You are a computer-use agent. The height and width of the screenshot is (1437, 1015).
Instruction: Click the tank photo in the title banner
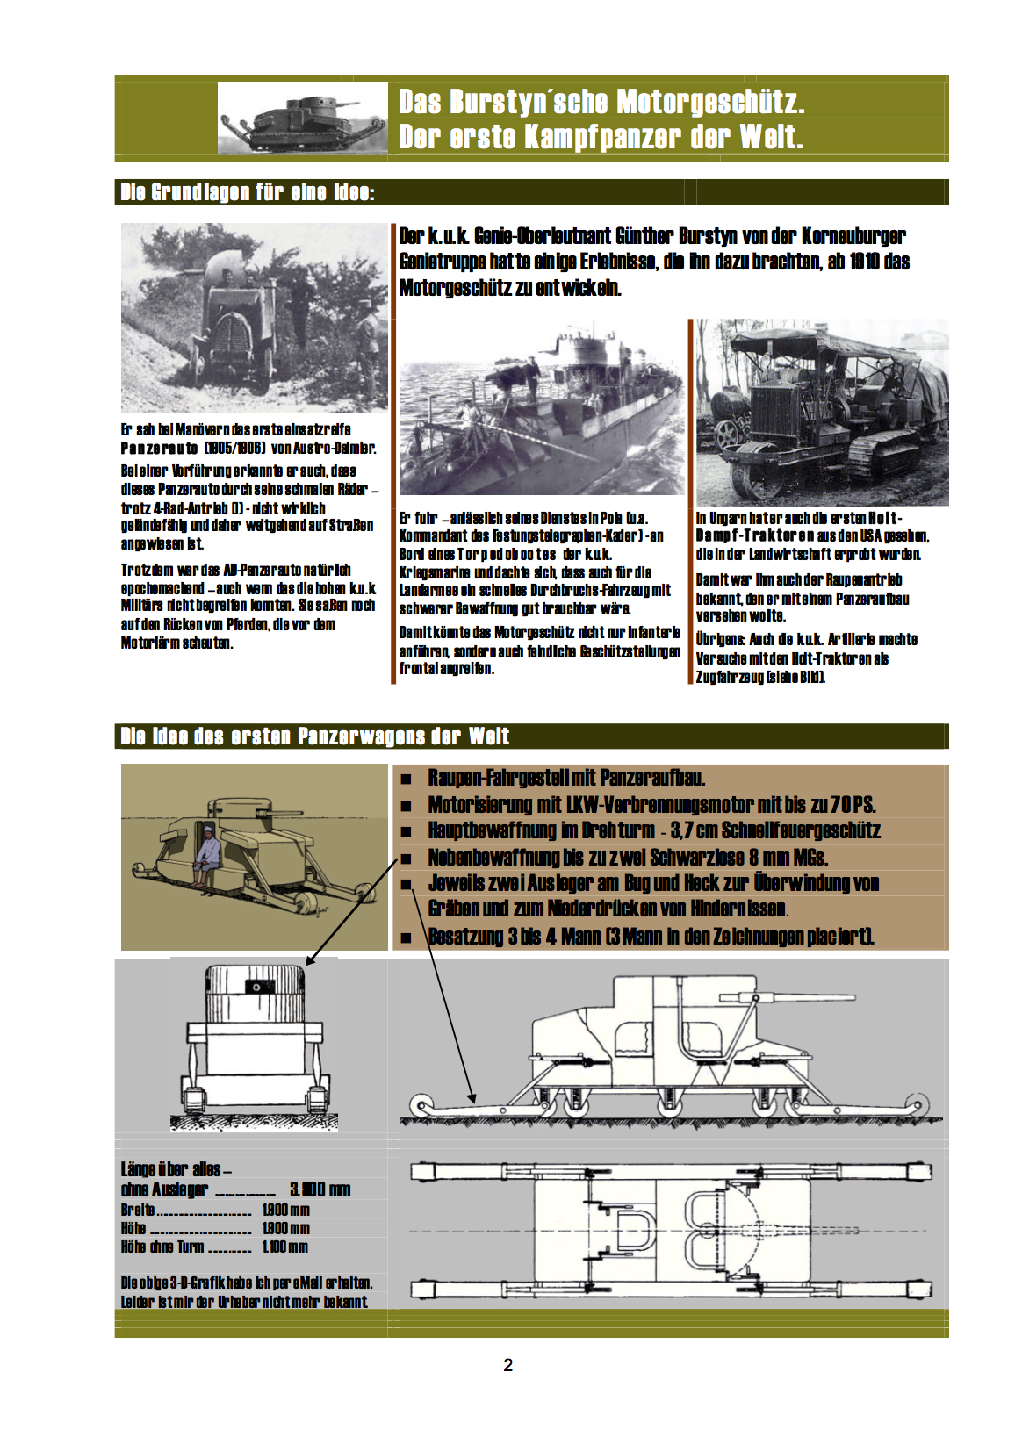click(303, 119)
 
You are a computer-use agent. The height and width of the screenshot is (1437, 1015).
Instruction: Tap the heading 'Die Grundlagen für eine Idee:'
click(248, 192)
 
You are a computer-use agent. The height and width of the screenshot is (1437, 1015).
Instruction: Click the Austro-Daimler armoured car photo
click(254, 318)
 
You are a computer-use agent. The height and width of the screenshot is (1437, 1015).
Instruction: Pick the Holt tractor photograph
click(822, 413)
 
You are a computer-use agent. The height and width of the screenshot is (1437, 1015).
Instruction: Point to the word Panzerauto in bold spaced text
click(158, 449)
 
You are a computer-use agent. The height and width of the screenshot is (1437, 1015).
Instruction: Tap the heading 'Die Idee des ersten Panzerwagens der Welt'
click(314, 736)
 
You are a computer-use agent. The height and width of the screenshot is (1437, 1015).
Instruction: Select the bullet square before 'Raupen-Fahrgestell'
click(406, 779)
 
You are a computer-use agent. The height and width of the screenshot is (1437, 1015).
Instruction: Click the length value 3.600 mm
click(320, 1189)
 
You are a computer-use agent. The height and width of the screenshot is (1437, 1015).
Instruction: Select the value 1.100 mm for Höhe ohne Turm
click(284, 1247)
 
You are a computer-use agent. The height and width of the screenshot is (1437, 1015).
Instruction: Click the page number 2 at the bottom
click(507, 1365)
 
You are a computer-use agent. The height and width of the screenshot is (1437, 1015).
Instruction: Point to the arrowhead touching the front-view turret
click(309, 962)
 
